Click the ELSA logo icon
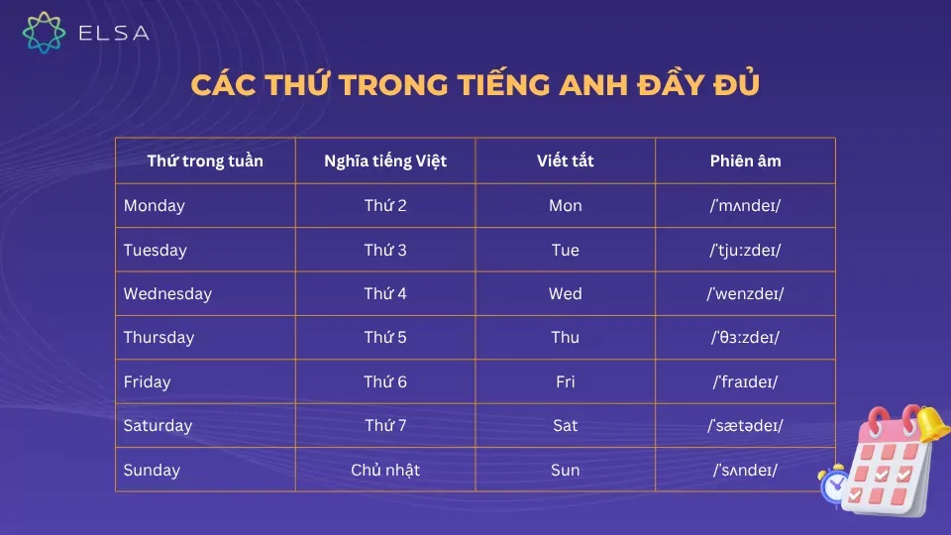pyautogui.click(x=44, y=32)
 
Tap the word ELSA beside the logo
pyautogui.click(x=114, y=33)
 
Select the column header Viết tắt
pyautogui.click(x=565, y=160)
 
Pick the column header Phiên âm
pyautogui.click(x=745, y=160)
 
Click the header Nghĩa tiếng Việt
pyautogui.click(x=385, y=160)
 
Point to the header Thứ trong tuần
pyautogui.click(x=205, y=160)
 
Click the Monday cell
pyautogui.click(x=155, y=206)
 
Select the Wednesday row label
pyautogui.click(x=167, y=294)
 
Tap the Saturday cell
pyautogui.click(x=158, y=426)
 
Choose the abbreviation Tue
pyautogui.click(x=565, y=251)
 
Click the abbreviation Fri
pyautogui.click(x=565, y=381)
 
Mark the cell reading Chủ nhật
pyautogui.click(x=385, y=470)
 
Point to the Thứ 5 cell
pyautogui.click(x=385, y=338)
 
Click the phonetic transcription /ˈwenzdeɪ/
pyautogui.click(x=746, y=294)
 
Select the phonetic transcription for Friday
pyautogui.click(x=746, y=381)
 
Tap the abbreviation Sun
pyautogui.click(x=565, y=470)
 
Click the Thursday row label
pyautogui.click(x=158, y=338)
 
